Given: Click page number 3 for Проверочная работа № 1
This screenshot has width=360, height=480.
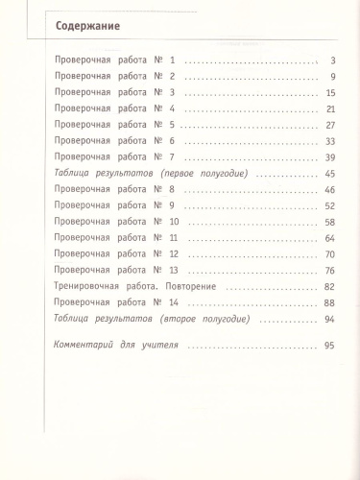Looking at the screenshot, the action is (x=329, y=60).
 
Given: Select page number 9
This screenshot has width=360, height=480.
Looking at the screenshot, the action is (x=329, y=77).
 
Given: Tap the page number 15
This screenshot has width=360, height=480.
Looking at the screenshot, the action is (x=327, y=93).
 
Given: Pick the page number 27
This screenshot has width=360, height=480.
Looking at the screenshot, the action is (x=327, y=125).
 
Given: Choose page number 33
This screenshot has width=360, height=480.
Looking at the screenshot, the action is (x=327, y=141).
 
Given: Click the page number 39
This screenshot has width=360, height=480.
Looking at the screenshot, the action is (x=327, y=156).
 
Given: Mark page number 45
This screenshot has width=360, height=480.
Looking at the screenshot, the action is (x=327, y=173).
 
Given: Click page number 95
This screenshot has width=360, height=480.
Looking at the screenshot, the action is (x=327, y=345).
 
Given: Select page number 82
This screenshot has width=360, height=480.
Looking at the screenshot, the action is (x=327, y=287).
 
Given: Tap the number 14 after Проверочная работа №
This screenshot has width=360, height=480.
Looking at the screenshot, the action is (x=173, y=302).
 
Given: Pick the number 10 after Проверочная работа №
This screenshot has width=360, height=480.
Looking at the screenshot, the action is (x=173, y=222).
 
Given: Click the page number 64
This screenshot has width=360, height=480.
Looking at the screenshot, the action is (x=327, y=237).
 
